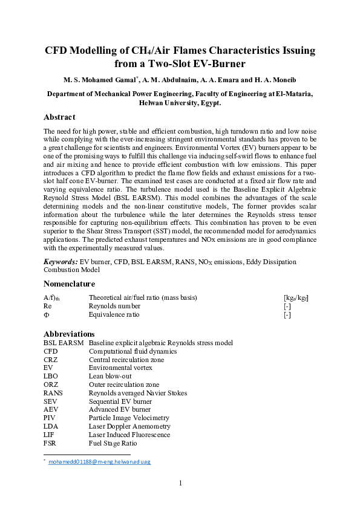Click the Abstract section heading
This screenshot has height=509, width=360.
pos(59,117)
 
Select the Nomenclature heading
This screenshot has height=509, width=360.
pos(69,284)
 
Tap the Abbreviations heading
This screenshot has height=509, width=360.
pos(69,334)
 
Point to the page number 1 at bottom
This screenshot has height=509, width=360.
pos(180,482)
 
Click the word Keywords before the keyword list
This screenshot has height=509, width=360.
pos(61,262)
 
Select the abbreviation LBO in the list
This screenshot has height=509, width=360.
pos(51,376)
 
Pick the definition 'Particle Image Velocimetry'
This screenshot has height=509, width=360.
pos(129,418)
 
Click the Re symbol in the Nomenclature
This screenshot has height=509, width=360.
pos(47,306)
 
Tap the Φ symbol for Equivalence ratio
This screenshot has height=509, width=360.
pos(46,315)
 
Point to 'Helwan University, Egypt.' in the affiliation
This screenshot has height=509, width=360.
pos(180,103)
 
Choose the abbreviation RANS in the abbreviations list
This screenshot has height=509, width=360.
pos(53,393)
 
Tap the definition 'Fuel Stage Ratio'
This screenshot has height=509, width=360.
pos(113,443)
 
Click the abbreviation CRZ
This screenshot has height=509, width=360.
pos(51,359)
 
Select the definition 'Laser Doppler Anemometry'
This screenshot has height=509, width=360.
pos(128,426)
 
